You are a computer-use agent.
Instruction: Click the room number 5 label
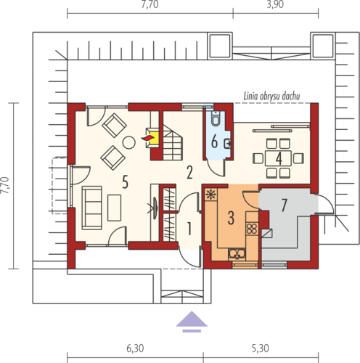coord(125,182)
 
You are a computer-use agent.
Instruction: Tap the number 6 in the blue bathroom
coord(214,142)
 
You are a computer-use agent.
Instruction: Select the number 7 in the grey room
coord(284,205)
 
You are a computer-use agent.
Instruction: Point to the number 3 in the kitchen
coord(231,218)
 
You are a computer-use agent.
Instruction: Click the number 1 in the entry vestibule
coord(189,229)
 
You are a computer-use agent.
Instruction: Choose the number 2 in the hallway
coord(189,173)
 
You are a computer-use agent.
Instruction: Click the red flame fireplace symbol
coord(147,138)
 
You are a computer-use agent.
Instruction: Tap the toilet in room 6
coord(215,119)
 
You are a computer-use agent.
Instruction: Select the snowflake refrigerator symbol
coord(211,195)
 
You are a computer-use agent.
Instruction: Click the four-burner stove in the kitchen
coord(252,229)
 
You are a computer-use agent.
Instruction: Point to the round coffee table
coord(128,142)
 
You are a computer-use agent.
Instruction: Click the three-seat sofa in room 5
coord(92,208)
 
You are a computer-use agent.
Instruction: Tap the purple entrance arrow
coord(192,321)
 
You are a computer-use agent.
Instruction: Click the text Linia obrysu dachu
coord(271,97)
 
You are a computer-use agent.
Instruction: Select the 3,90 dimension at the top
coord(275,4)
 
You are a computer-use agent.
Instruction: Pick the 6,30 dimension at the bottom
coord(135,348)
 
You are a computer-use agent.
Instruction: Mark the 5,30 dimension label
coord(261,348)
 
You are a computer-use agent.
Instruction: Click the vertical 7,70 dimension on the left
coord(5,185)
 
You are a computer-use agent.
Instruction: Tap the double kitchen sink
coord(237,254)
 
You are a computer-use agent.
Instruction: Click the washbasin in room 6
coord(228,144)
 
